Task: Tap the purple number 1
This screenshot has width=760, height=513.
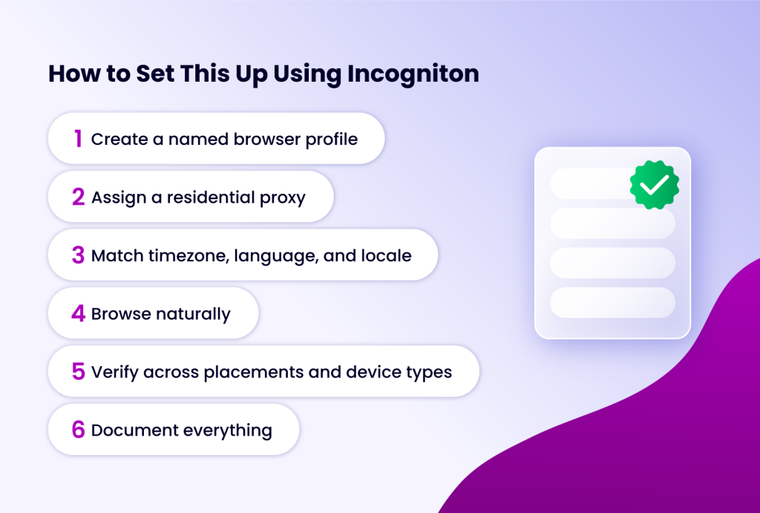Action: (x=77, y=138)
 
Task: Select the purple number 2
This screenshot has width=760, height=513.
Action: (x=78, y=197)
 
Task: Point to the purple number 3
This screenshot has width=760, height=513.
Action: (x=78, y=255)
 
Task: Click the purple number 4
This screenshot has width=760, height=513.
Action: (x=78, y=313)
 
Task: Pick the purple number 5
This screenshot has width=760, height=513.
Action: (x=78, y=371)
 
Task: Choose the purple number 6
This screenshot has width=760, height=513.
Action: (x=78, y=429)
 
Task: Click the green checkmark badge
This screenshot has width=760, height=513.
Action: (x=655, y=184)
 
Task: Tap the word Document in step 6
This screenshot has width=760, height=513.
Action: (x=126, y=430)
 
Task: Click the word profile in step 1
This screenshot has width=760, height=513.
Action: (x=332, y=139)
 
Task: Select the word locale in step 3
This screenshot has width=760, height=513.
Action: (x=386, y=255)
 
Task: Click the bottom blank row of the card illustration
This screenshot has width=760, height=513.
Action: (x=612, y=302)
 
